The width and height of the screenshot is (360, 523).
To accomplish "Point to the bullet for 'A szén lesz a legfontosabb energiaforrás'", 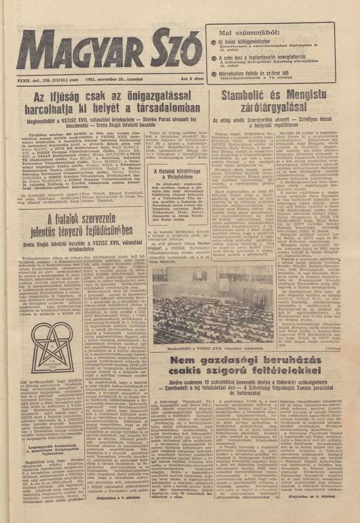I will tap(214, 58).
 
